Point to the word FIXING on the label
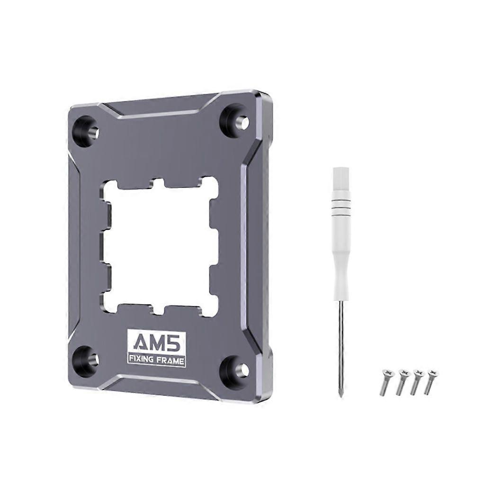(x=143, y=359)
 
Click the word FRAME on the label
(x=170, y=359)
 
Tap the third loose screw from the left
(x=416, y=381)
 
